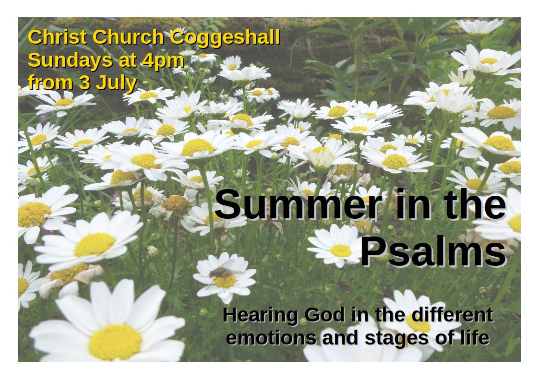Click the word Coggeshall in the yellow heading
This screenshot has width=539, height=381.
pos(225,38)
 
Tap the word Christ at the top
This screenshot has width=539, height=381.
pos(57,37)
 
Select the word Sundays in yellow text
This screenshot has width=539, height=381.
pos(70,61)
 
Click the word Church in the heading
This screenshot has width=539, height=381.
pos(128,37)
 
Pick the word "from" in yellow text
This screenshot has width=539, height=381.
pos(50,83)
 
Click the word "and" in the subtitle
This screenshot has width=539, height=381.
pos(340,338)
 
